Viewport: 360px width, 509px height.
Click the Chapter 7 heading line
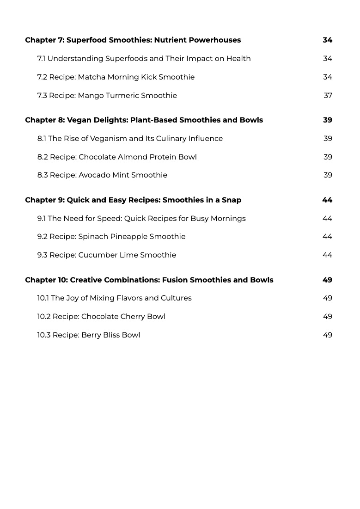133,40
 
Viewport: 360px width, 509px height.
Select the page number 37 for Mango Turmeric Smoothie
328,96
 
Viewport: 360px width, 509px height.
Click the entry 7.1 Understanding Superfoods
144,59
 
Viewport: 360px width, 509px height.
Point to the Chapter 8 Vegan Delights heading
144,120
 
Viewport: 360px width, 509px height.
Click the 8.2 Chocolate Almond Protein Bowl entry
117,157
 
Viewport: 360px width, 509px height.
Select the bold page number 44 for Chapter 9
327,200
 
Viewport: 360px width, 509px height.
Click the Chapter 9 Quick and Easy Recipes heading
133,200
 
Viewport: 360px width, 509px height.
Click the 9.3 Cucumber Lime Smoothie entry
107,255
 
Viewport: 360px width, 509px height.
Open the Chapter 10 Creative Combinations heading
149,280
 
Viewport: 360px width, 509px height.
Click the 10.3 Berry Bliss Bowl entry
89,335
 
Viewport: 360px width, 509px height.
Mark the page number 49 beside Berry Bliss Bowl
327,335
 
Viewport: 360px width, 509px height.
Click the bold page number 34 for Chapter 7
327,40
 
